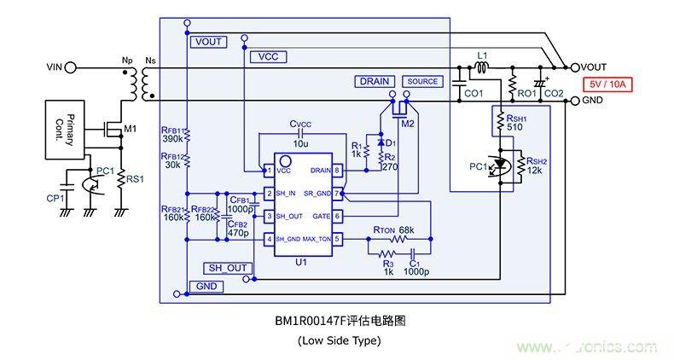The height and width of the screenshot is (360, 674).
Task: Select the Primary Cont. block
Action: (64, 129)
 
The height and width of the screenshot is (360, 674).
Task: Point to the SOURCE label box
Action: (422, 81)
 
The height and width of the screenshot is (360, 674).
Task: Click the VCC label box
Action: (269, 56)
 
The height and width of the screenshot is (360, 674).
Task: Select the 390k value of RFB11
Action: (173, 138)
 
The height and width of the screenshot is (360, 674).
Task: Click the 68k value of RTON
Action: (405, 230)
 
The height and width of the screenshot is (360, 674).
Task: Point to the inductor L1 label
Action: (482, 55)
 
